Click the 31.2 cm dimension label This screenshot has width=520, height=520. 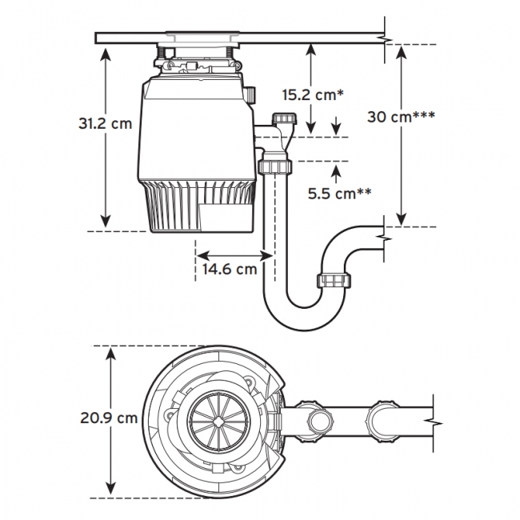coord(105,124)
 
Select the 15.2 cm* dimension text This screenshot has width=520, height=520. coord(313,94)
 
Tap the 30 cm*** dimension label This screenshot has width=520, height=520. coord(401,116)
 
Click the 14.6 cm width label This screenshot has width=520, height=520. coord(230,269)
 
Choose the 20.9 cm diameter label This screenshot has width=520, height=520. coord(109,418)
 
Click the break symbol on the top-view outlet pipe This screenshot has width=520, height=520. coord(433,418)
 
